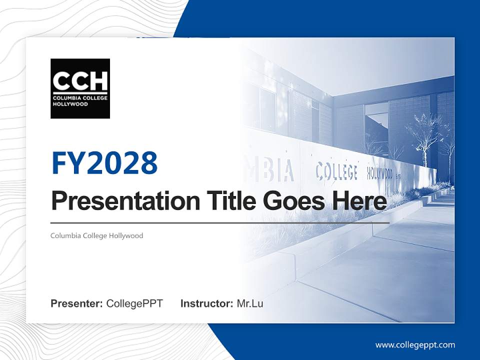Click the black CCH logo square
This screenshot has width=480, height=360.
pos(80,88)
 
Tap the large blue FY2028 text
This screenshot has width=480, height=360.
pos(104,162)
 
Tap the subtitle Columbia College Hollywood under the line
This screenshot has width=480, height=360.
pos(96,235)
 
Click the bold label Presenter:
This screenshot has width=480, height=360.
pos(77,303)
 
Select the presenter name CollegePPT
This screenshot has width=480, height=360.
pos(134,303)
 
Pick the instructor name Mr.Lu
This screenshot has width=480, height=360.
pos(250,303)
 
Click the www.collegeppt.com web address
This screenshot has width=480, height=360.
pos(415,344)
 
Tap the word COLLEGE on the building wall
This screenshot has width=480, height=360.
pos(336,171)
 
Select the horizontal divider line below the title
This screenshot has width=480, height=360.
pos(220,223)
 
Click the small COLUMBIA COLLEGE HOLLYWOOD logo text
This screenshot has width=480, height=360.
pos(80,101)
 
